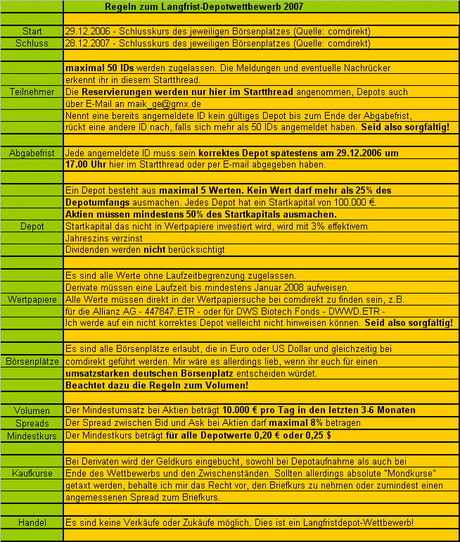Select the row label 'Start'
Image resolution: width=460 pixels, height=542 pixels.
coord(32,32)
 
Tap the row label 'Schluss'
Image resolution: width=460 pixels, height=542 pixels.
coord(32,44)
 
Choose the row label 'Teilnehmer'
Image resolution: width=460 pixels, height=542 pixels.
coord(32,92)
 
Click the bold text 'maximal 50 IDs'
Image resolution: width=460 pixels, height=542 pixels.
coord(96,69)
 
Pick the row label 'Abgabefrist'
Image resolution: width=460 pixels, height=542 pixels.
coord(32,153)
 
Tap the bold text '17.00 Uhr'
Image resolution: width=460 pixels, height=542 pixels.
coord(86,165)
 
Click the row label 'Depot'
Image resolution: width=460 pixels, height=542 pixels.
coord(32,226)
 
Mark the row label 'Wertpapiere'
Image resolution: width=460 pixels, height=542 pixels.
coord(32,299)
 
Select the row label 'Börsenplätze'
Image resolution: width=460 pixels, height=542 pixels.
coord(32,360)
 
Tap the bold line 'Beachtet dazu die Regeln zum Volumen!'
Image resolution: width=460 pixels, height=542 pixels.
coord(155,386)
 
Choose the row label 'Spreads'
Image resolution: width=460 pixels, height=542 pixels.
coord(32,423)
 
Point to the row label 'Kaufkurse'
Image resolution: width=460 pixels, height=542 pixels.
coord(32,474)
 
